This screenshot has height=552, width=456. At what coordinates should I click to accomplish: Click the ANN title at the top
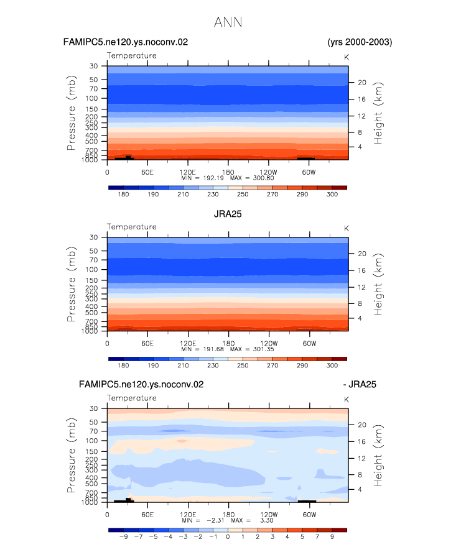(228, 22)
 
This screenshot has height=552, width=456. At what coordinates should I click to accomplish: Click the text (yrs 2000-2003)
(360, 42)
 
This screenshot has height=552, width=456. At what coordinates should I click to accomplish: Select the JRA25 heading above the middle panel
(228, 214)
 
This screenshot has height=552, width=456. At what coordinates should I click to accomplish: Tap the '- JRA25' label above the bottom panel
(360, 384)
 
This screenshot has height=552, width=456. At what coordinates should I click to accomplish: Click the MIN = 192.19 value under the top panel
(202, 178)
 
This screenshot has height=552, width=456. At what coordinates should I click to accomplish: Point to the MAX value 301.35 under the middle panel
(263, 349)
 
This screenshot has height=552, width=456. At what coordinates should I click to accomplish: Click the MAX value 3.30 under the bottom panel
(267, 520)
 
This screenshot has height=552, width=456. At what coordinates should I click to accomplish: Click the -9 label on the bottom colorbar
(123, 537)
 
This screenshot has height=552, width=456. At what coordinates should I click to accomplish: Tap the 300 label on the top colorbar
(332, 195)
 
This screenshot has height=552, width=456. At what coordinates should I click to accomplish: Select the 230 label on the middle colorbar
(213, 366)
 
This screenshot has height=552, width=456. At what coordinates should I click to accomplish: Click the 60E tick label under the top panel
(147, 172)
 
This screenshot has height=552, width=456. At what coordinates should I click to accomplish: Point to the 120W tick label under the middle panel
(269, 343)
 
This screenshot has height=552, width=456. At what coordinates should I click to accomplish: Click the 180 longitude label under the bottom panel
(228, 515)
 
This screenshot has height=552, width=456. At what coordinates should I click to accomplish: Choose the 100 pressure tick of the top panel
(91, 98)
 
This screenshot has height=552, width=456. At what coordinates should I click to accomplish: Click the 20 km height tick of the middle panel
(362, 254)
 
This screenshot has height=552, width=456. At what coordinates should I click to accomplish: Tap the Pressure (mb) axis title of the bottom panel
(71, 455)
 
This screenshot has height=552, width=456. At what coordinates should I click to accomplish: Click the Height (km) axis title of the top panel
(378, 113)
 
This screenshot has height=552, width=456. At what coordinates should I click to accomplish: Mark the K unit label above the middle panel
(347, 229)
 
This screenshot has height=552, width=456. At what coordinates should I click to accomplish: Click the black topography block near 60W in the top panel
(306, 159)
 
